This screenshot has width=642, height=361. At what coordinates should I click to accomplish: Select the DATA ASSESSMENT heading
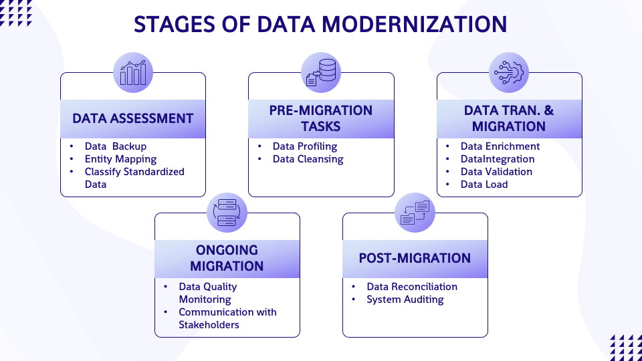[x=133, y=118]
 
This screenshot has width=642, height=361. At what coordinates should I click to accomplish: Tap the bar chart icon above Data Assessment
[x=133, y=72]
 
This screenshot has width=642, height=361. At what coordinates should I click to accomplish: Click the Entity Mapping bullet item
[x=120, y=159]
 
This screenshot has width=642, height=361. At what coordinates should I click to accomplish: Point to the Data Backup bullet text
[x=115, y=146]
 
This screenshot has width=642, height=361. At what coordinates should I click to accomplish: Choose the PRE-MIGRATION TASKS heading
[x=321, y=118]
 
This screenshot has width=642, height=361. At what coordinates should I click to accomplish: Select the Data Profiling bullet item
[x=305, y=146]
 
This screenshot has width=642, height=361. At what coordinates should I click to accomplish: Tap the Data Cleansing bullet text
[x=308, y=159]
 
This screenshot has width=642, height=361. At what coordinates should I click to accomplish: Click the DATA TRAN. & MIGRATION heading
[x=509, y=118]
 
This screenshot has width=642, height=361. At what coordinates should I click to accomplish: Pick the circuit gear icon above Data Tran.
[x=509, y=72]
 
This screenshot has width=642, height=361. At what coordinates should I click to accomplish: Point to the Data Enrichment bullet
[x=500, y=146]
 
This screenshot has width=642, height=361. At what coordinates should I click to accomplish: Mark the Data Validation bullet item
[x=496, y=172]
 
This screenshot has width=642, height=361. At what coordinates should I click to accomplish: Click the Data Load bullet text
[x=484, y=185]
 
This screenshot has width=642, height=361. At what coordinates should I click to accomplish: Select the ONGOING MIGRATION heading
[x=227, y=258]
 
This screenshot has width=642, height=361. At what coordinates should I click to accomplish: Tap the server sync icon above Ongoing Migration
[x=227, y=213]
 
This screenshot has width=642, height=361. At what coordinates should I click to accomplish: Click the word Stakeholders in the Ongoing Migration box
[x=209, y=325]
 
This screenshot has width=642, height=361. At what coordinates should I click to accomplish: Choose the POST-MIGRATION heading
[x=415, y=258]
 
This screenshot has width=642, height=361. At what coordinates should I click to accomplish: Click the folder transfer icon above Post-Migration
[x=415, y=213]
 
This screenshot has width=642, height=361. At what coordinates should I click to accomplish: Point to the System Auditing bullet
[x=405, y=299]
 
